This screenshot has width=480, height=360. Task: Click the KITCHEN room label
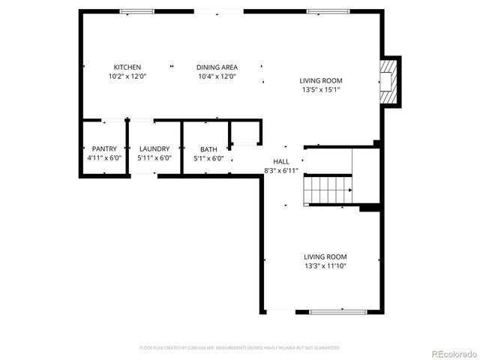coord(127,67)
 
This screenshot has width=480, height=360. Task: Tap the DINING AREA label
coord(217,67)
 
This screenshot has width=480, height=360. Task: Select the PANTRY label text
coord(104,148)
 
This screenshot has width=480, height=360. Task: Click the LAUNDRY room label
coord(155,148)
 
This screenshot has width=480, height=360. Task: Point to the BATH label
coord(208,148)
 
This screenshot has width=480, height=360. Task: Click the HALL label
coord(281,161)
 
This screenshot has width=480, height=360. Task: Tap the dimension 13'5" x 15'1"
coord(321,90)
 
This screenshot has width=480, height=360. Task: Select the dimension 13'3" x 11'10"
coord(325,265)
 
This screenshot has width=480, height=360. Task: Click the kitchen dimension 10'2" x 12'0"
coord(127,76)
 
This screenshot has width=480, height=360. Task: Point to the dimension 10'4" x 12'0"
coord(217,76)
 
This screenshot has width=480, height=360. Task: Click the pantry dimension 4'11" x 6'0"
coord(104,158)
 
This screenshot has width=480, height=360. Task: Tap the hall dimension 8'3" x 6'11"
coord(281,170)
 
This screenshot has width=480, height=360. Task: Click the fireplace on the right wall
coord(388,80)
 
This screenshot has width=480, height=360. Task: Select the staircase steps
coord(328,189)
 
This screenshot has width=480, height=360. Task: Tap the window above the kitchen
coord(136,11)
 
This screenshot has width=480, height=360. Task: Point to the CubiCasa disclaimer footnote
coord(240,348)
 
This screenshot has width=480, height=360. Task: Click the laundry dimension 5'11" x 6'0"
coord(155,158)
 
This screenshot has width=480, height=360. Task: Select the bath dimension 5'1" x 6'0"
coord(208,158)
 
